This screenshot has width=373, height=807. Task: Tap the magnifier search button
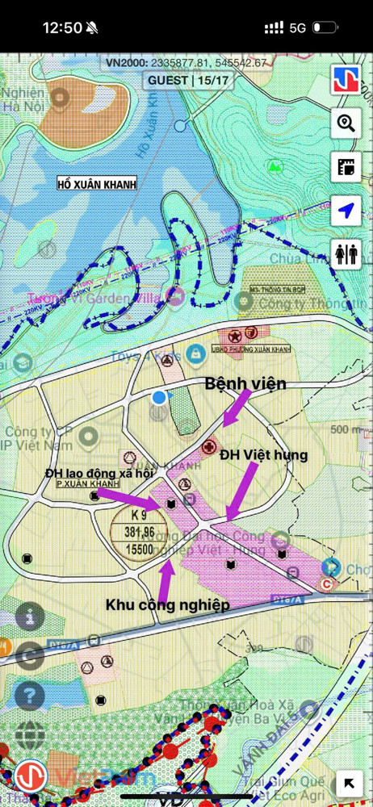point(346,123)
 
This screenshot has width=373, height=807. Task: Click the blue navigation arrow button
point(346,211)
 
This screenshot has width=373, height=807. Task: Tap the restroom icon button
point(346,254)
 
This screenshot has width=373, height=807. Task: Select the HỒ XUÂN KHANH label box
point(97,184)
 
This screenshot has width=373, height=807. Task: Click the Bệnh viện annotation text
point(245,384)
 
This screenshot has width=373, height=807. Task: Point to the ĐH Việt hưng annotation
point(264,455)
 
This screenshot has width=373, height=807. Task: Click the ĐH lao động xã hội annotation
point(99,473)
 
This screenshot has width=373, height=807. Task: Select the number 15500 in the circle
point(133,549)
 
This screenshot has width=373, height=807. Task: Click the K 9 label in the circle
point(133,514)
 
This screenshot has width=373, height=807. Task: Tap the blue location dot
point(159,397)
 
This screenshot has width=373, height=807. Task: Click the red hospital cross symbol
point(211,446)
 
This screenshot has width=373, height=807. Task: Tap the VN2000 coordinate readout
point(186,62)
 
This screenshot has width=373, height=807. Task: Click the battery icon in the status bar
point(325,27)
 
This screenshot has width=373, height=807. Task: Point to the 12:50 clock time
point(62,27)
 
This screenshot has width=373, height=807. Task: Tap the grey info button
point(29,617)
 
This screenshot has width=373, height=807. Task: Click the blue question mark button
point(29,695)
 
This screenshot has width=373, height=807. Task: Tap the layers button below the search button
point(346,167)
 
